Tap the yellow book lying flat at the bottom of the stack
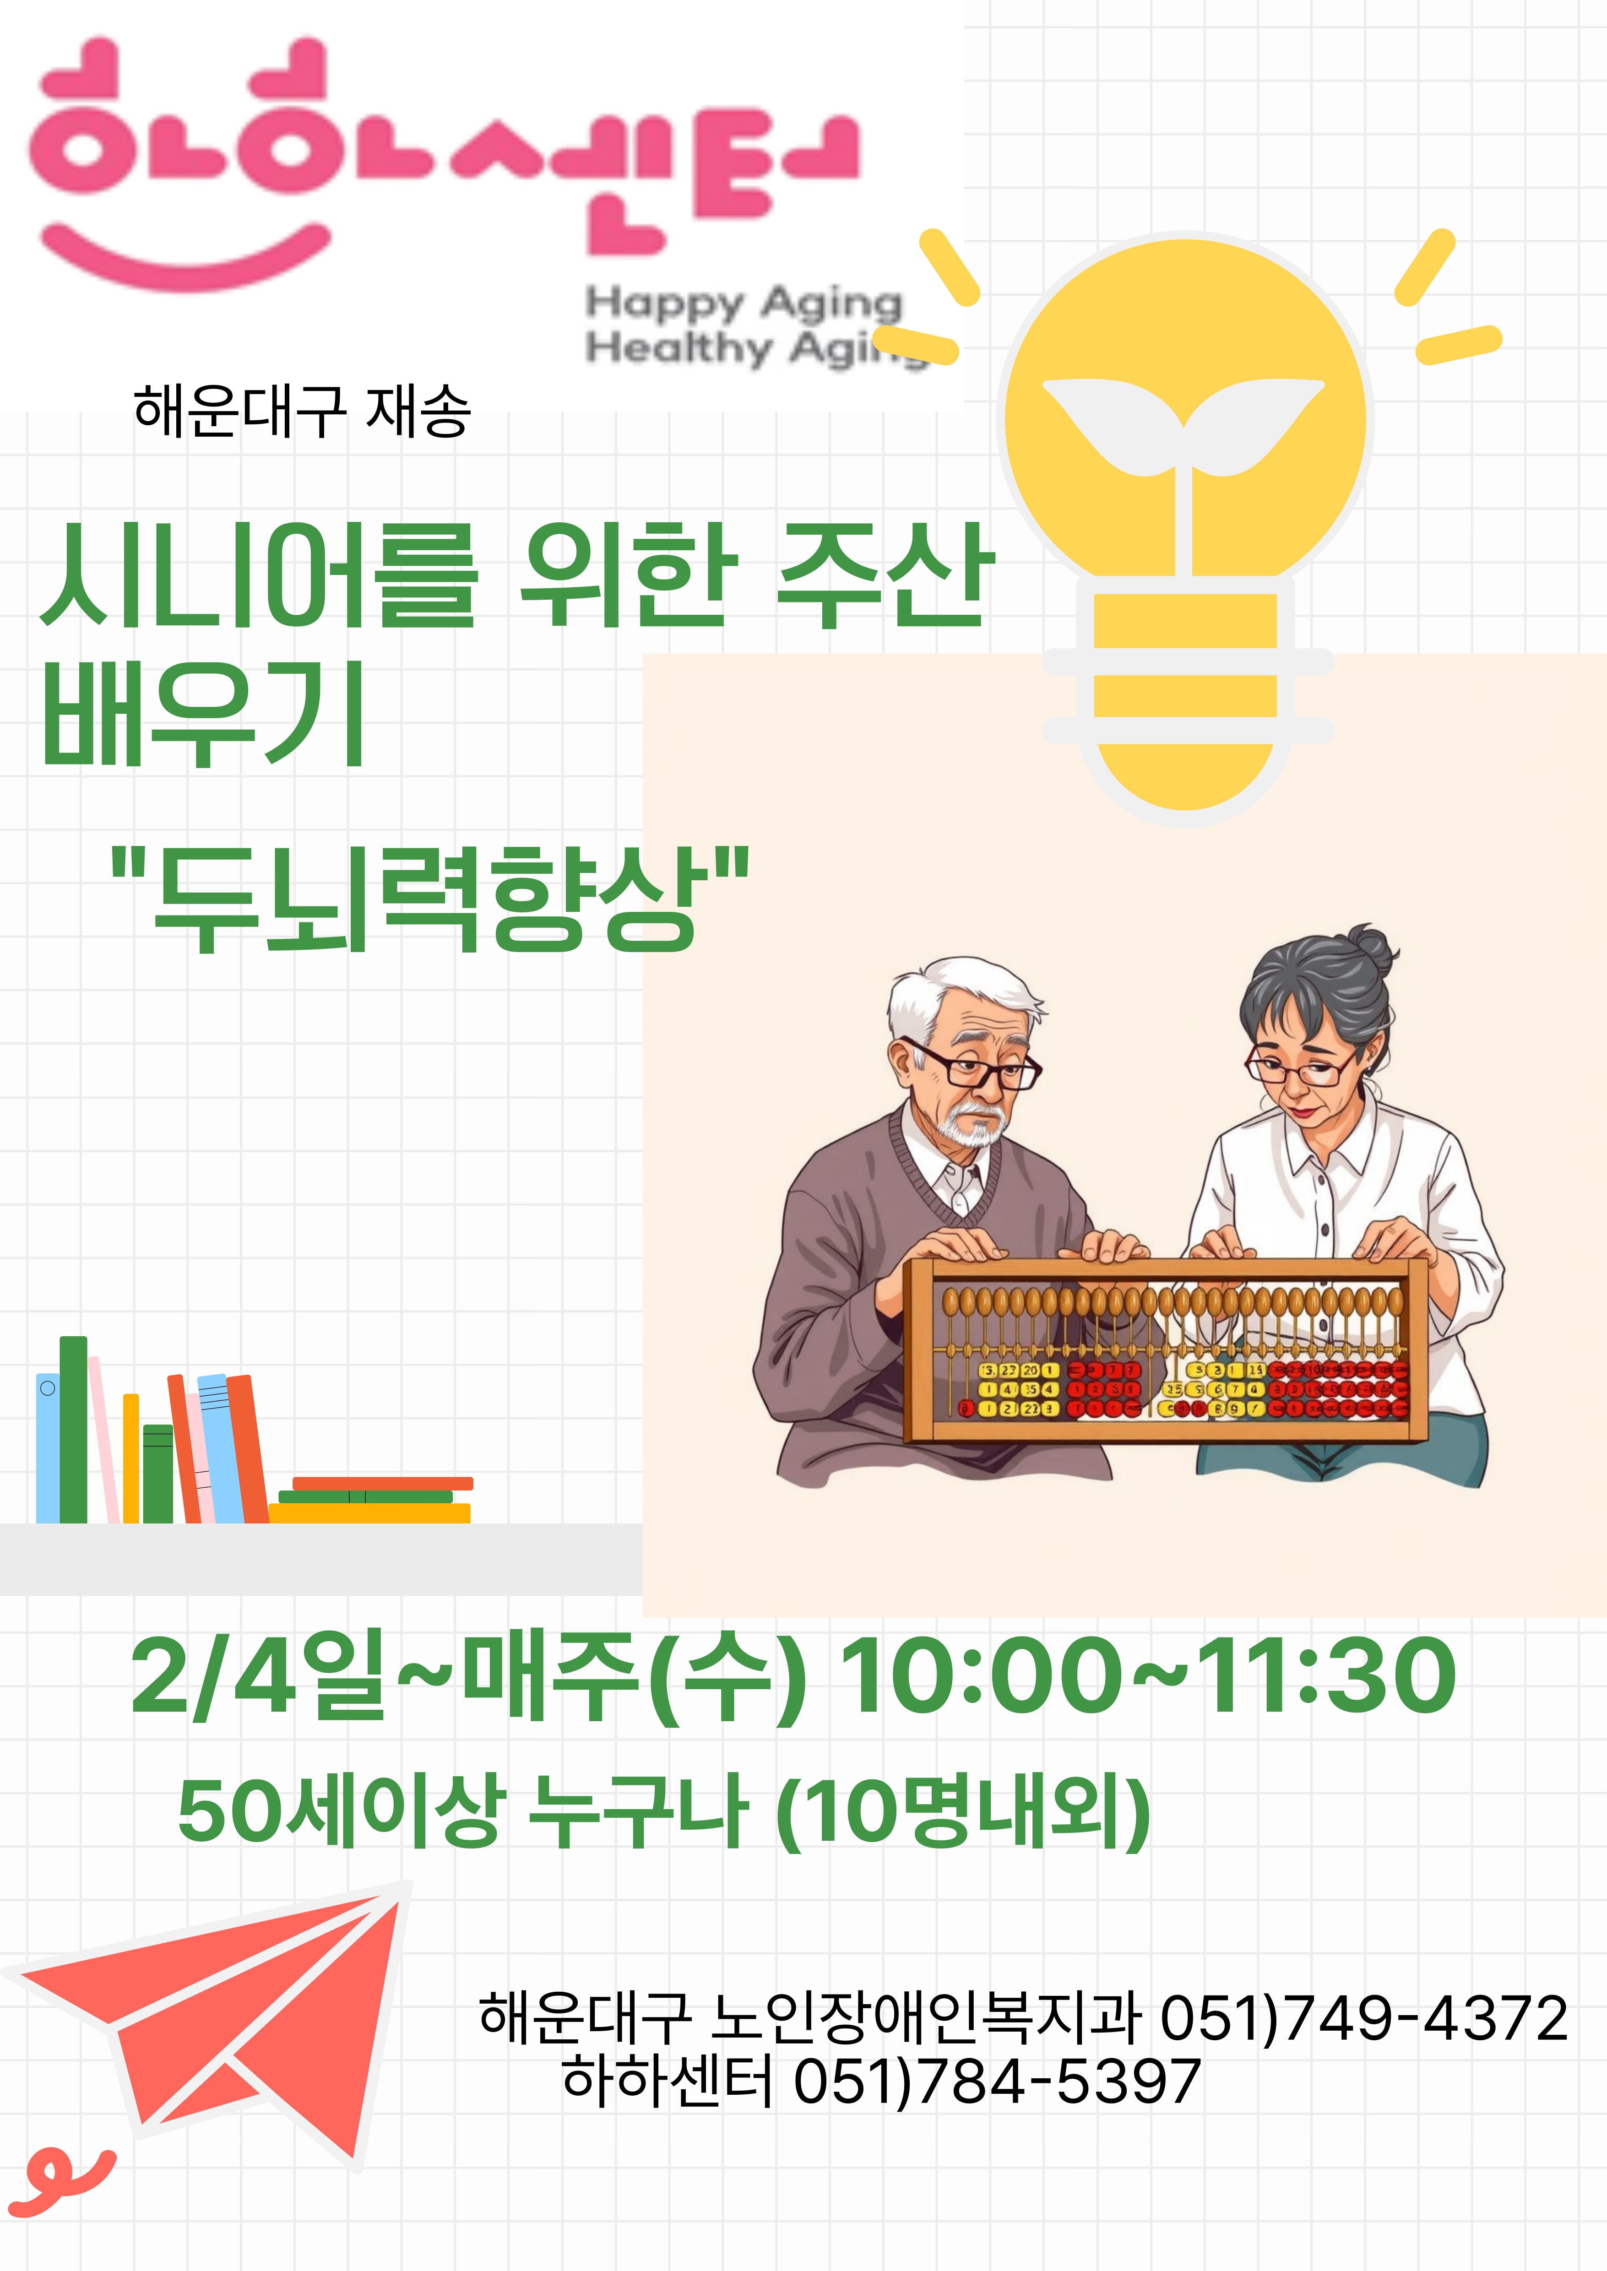pos(369,1513)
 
